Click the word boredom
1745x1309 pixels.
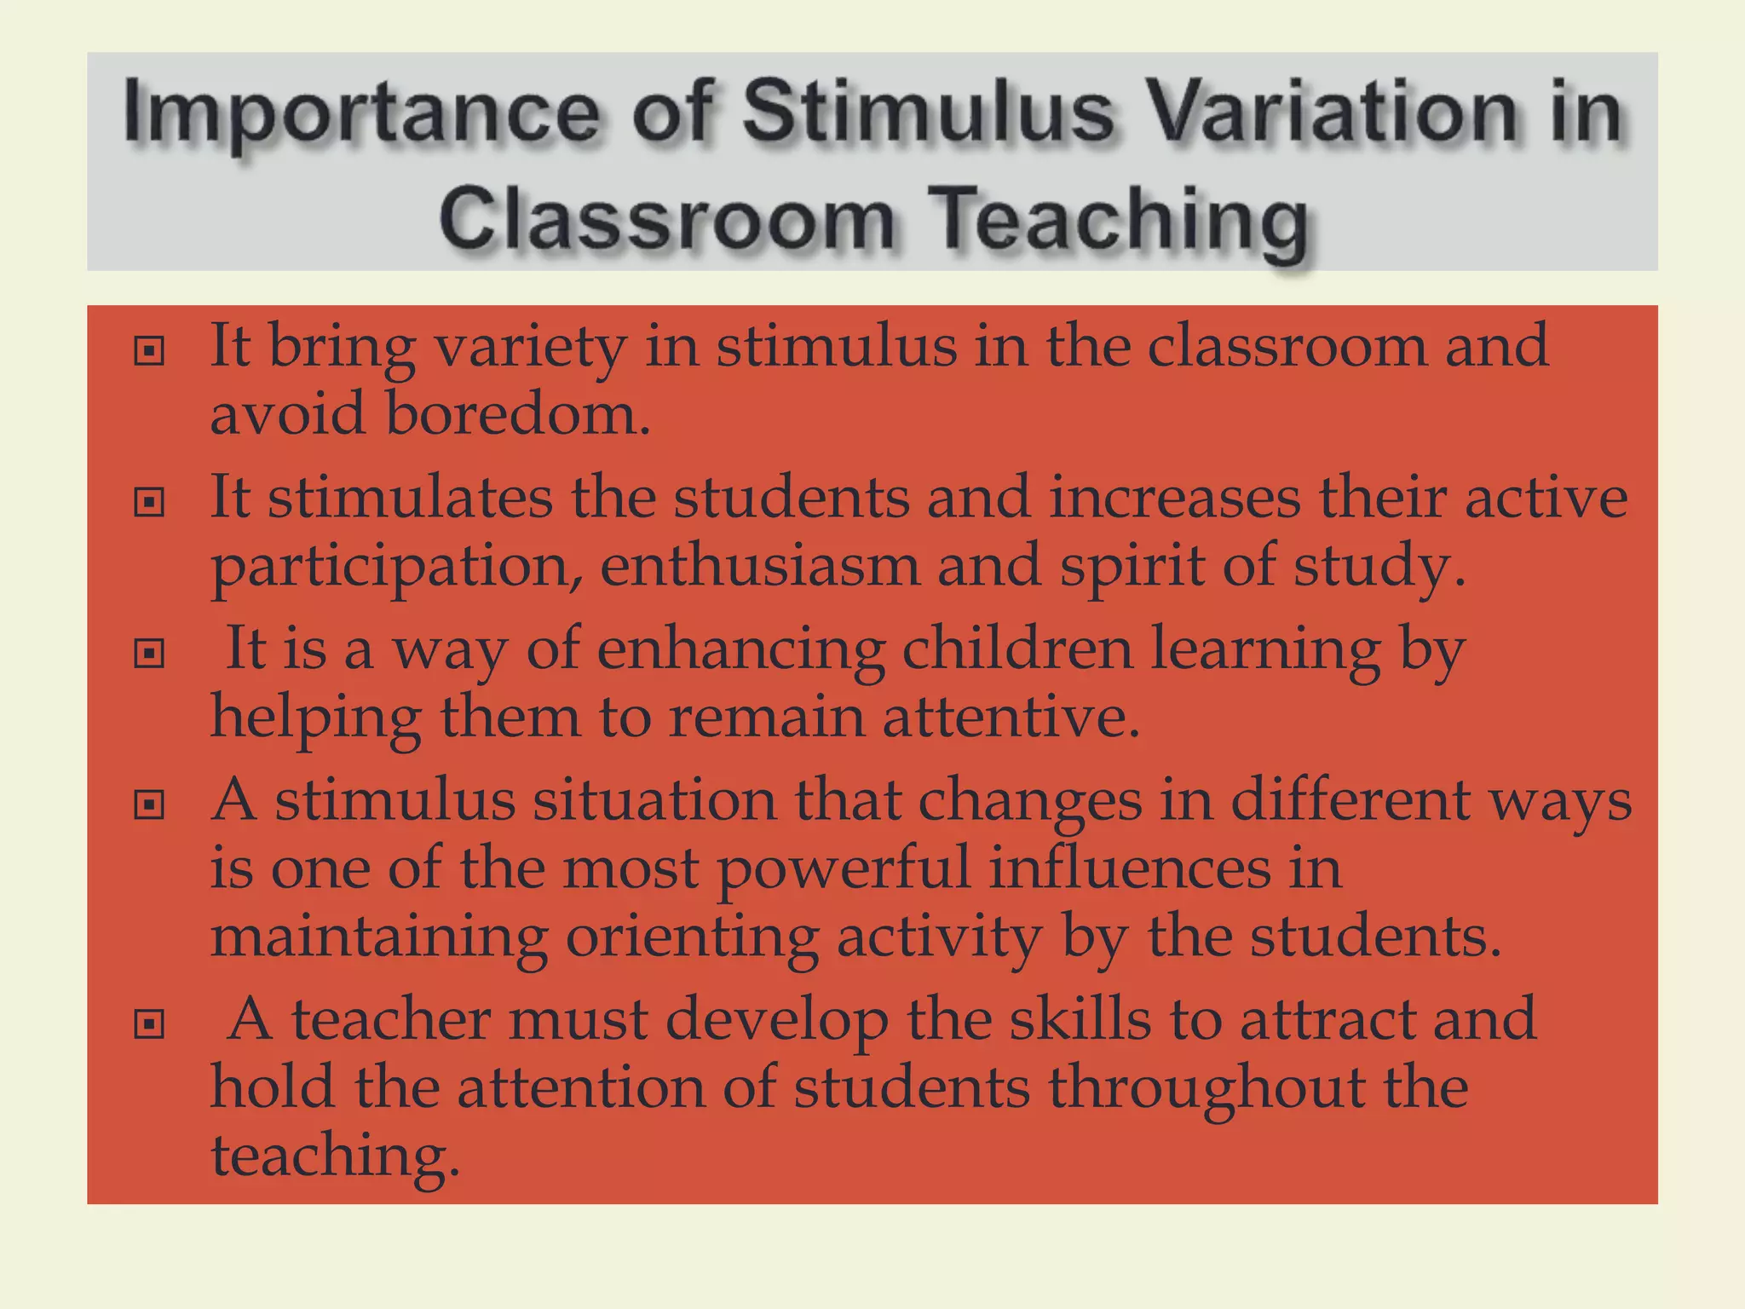coord(517,414)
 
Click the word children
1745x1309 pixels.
coord(1016,649)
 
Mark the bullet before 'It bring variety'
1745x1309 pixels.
coord(149,350)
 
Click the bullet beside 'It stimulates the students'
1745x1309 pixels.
coord(149,502)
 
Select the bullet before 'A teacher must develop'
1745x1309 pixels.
coord(149,1024)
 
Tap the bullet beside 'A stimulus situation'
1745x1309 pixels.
coord(149,804)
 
